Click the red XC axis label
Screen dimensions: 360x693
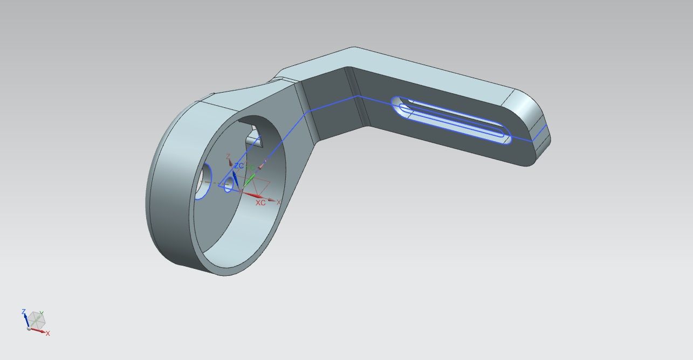coord(260,203)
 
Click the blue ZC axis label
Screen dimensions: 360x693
coord(238,166)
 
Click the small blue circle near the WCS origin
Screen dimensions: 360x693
coord(228,184)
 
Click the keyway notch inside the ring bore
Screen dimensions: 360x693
coord(252,135)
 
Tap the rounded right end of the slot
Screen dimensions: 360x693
coord(504,137)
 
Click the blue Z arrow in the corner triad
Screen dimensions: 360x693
coord(25,319)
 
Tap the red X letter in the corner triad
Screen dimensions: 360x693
coord(47,334)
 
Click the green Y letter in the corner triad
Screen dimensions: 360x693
coord(42,313)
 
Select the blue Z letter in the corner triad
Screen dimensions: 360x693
coord(23,311)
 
